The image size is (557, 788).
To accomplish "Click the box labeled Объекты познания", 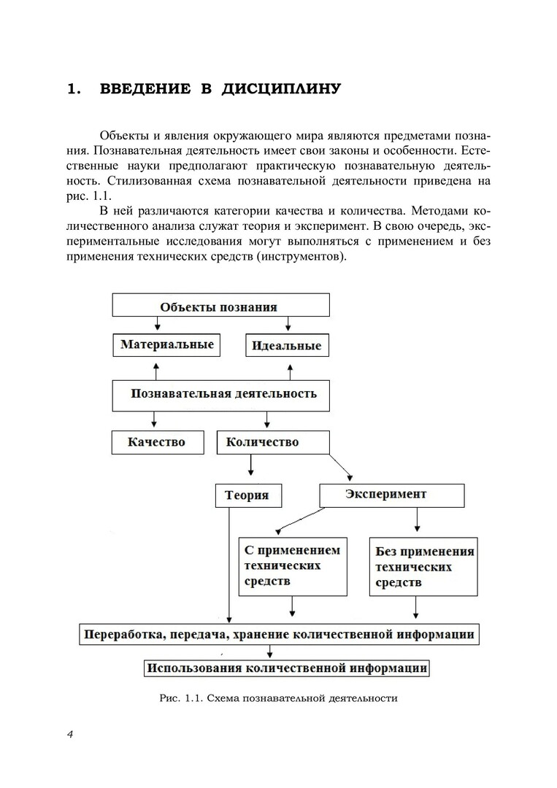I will point(220,306).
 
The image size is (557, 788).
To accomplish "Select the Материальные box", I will point(166,344).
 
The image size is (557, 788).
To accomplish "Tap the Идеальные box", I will point(286,346).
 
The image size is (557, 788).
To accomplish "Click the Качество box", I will point(156,441).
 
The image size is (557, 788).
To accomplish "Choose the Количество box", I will point(272,441).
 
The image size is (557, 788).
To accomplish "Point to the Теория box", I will point(247,495).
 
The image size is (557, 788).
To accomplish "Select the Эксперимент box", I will point(392,494).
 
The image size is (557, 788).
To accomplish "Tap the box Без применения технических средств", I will point(424,567).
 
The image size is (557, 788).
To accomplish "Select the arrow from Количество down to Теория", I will point(251,466).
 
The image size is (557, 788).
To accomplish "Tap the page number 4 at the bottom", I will point(70,734).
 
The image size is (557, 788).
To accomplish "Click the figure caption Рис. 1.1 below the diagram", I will point(278,698).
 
